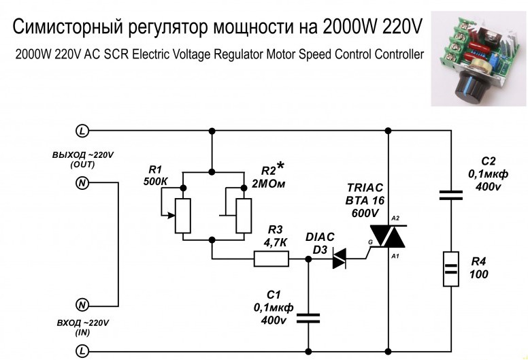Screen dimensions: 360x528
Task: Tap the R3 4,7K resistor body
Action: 271,259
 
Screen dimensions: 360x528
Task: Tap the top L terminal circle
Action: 82,130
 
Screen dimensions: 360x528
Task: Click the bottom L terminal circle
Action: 82,351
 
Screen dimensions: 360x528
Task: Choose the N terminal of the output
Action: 82,183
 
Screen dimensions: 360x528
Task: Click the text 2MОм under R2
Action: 268,185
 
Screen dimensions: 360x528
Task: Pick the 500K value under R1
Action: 156,182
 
